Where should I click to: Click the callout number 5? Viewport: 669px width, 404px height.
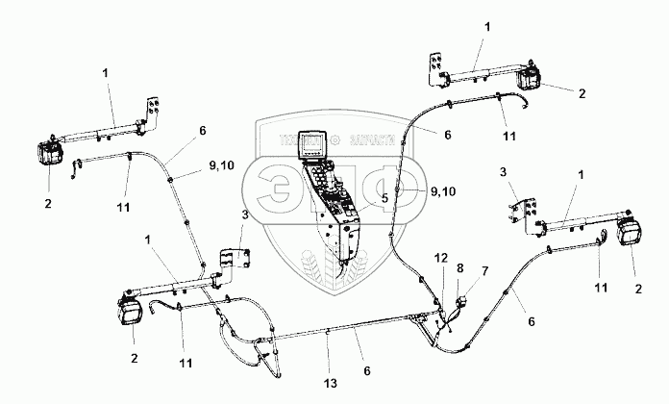(x=384, y=199)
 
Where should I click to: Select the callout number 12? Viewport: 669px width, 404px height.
(x=440, y=260)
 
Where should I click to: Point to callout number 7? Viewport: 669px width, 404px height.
(x=484, y=272)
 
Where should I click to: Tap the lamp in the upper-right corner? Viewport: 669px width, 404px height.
(x=531, y=82)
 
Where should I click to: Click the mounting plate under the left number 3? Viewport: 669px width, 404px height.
(x=234, y=259)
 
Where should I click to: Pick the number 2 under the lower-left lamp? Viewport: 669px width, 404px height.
(x=134, y=357)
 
